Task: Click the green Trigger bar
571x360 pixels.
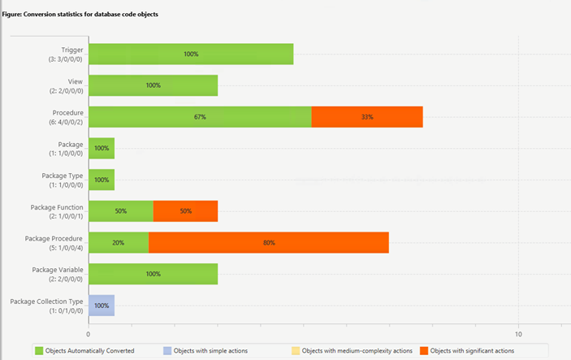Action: pos(191,54)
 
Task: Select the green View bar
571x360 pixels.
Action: pos(153,85)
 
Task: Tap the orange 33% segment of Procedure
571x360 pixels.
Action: pos(367,117)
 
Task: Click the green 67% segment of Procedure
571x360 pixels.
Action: pos(200,117)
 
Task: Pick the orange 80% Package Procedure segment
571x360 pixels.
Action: pos(269,242)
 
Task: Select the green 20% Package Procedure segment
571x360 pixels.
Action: pos(119,242)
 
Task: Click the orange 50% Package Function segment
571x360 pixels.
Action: pos(185,211)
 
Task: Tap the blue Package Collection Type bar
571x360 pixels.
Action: pos(102,305)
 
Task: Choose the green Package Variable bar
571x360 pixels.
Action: pos(153,274)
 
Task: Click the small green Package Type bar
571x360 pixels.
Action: pos(102,180)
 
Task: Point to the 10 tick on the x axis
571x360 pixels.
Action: pos(518,333)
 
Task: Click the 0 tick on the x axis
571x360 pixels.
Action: pos(89,333)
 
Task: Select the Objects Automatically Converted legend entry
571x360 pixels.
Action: pos(84,350)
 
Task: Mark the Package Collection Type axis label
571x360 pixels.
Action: pos(46,301)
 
